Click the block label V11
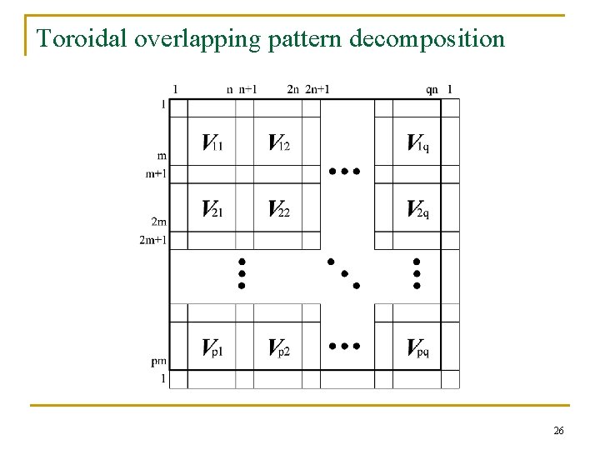tap(212, 142)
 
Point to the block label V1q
tap(418, 142)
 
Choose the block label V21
tap(212, 208)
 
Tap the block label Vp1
tap(212, 347)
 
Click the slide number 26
tap(558, 431)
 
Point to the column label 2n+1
tap(317, 89)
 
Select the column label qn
tap(431, 89)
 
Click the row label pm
tap(158, 362)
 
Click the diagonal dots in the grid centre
tap(343, 272)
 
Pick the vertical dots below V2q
tap(417, 272)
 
